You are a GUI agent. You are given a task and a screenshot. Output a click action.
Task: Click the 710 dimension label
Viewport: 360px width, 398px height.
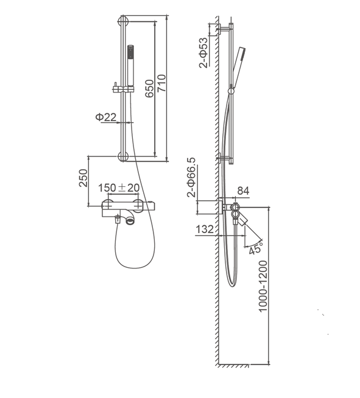tap(161, 83)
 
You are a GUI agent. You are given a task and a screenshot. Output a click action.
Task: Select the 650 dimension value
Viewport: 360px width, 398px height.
tap(149, 88)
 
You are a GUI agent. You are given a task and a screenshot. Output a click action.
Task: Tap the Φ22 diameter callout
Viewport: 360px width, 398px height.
tap(106, 117)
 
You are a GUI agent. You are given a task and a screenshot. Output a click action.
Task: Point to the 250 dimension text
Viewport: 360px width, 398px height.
tap(83, 178)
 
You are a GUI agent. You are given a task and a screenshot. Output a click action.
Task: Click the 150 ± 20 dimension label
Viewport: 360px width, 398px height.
tap(119, 188)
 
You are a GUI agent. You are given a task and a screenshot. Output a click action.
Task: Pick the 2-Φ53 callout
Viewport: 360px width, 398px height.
tap(203, 52)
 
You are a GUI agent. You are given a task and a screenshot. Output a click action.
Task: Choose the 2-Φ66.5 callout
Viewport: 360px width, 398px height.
tap(191, 177)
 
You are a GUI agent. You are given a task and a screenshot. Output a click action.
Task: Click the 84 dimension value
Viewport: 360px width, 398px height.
tap(243, 191)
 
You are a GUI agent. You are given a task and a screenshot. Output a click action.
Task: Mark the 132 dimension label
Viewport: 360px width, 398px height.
tap(205, 229)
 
